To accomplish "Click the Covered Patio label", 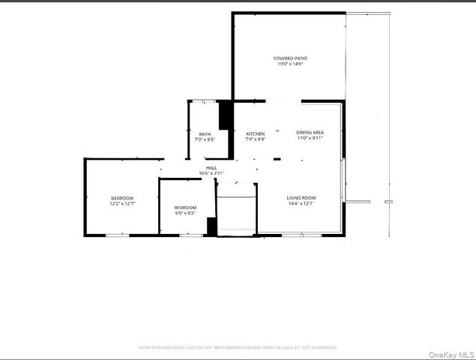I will (x=290, y=58).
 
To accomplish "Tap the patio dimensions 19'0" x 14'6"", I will (x=290, y=64).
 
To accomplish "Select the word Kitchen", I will (x=255, y=133).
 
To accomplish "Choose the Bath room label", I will (x=205, y=134).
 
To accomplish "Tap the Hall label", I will (x=211, y=168).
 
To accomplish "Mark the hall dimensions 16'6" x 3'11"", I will (x=211, y=174).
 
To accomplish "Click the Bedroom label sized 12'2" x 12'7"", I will (x=121, y=198).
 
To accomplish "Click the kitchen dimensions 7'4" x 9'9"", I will (x=255, y=139).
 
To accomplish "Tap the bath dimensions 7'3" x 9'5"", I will (x=205, y=140).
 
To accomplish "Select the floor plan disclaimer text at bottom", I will (x=238, y=348).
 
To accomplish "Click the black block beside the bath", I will (x=224, y=115).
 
